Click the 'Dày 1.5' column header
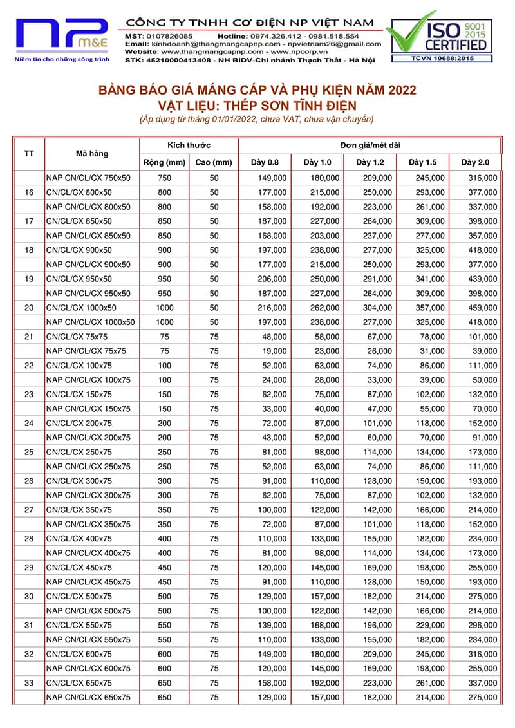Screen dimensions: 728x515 point(422,162)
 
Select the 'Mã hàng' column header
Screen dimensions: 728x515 point(92,154)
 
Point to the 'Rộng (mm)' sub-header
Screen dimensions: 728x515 point(164,162)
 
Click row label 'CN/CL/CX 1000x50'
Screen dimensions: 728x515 point(82,308)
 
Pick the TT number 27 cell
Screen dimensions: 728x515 point(29,510)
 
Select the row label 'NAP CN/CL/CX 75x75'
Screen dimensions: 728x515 point(86,351)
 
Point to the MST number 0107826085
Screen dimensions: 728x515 point(168,36)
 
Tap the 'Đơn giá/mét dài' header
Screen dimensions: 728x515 point(370,145)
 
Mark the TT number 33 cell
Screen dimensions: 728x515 point(29,683)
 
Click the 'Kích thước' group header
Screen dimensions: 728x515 point(189,145)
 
